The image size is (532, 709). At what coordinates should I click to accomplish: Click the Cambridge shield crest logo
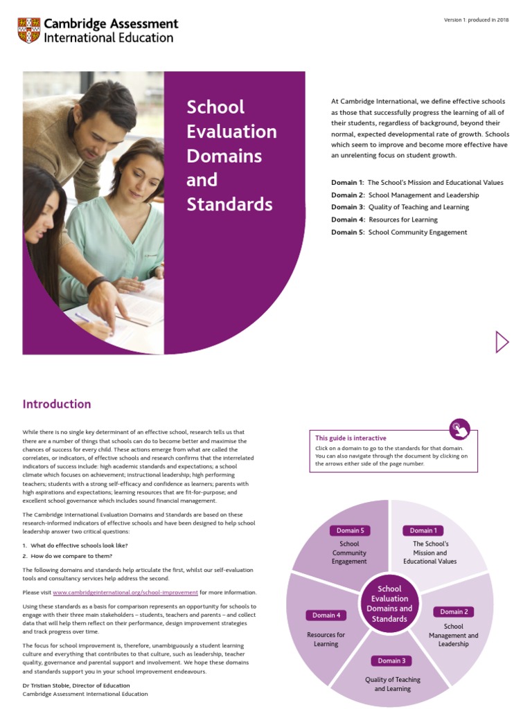[x=30, y=30]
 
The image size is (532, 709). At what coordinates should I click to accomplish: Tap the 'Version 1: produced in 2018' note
[x=476, y=20]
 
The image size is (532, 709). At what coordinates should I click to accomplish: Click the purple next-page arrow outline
[x=502, y=341]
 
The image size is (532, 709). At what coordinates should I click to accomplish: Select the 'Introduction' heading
[x=57, y=404]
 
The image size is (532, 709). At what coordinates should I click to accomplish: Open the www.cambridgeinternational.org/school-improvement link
[x=125, y=593]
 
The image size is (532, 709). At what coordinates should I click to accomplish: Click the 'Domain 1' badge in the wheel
[x=423, y=530]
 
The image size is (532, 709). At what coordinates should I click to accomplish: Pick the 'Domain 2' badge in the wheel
[x=454, y=611]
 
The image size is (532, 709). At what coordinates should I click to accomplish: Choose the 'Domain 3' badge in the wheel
[x=391, y=661]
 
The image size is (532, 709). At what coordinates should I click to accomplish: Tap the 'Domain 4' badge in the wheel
[x=326, y=615]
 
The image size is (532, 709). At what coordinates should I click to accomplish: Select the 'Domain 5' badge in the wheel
[x=349, y=530]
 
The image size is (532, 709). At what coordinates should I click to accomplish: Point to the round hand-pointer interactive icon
[x=459, y=429]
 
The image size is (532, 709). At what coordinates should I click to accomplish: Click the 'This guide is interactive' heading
[x=351, y=438]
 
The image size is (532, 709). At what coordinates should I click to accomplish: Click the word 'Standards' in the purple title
[x=229, y=205]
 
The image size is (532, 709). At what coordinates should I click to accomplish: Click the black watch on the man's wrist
[x=96, y=284]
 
